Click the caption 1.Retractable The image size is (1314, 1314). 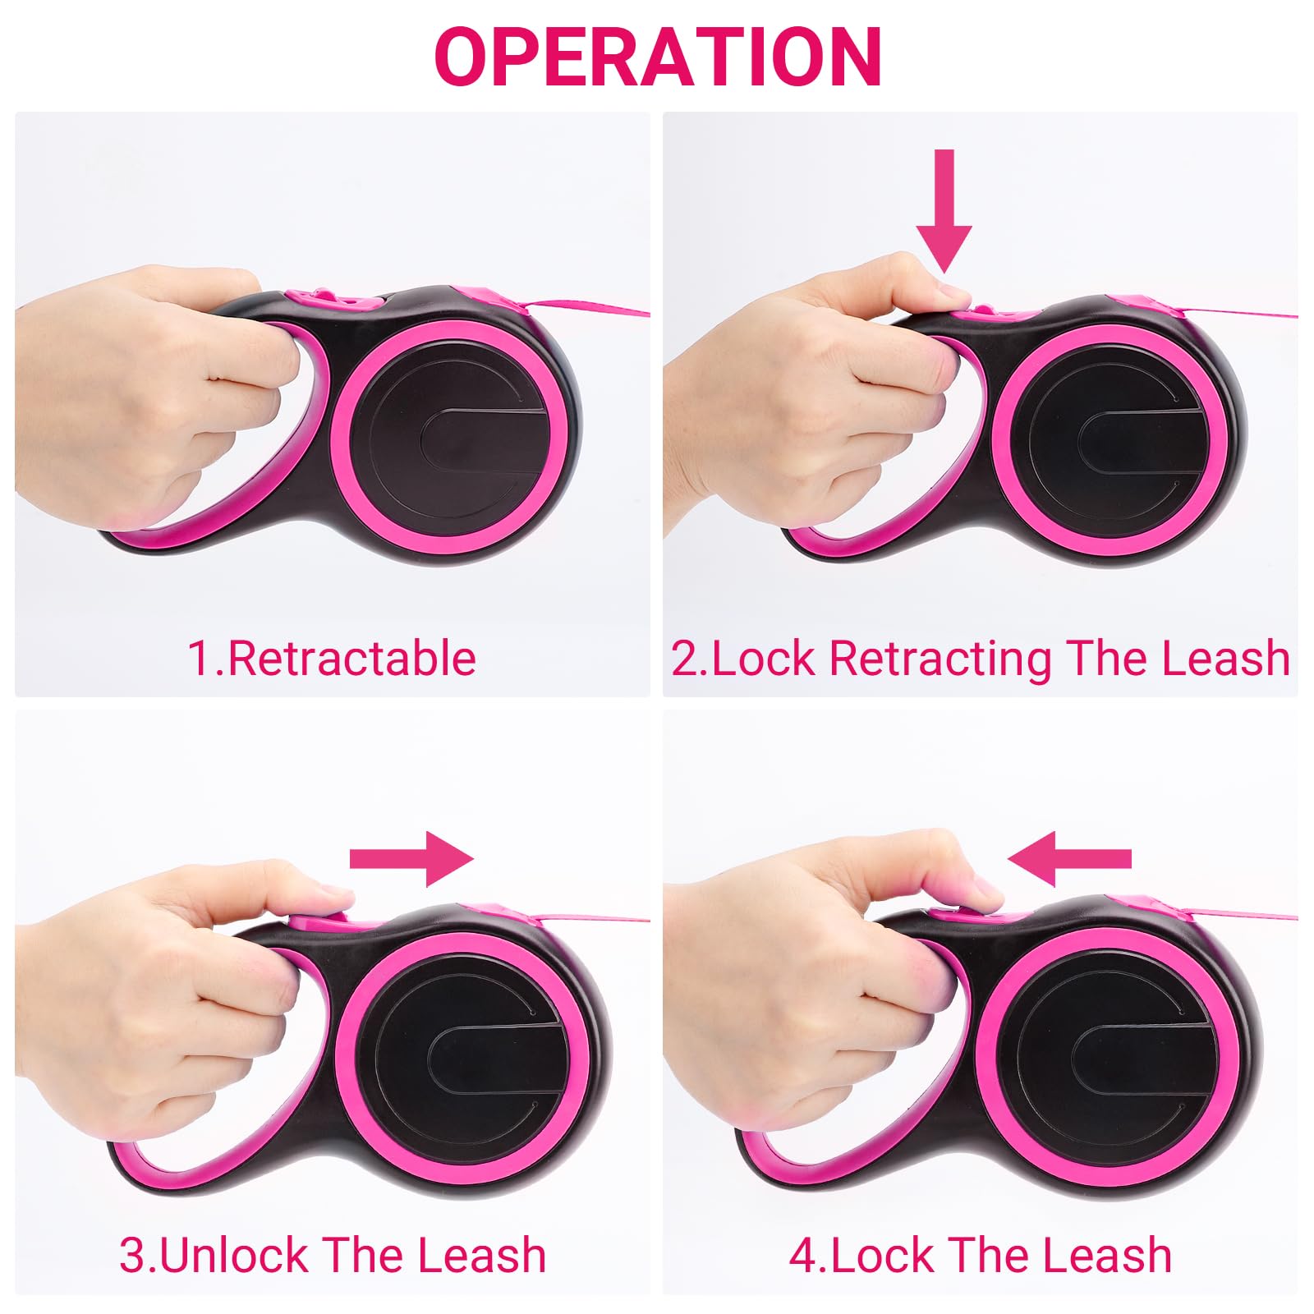[x=332, y=658]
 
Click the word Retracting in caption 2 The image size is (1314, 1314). [x=940, y=658]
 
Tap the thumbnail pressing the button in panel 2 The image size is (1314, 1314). [x=953, y=292]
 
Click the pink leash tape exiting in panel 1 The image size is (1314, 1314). [x=591, y=310]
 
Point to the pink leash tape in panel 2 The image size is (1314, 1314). [x=1240, y=314]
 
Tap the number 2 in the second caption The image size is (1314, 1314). [x=683, y=659]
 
